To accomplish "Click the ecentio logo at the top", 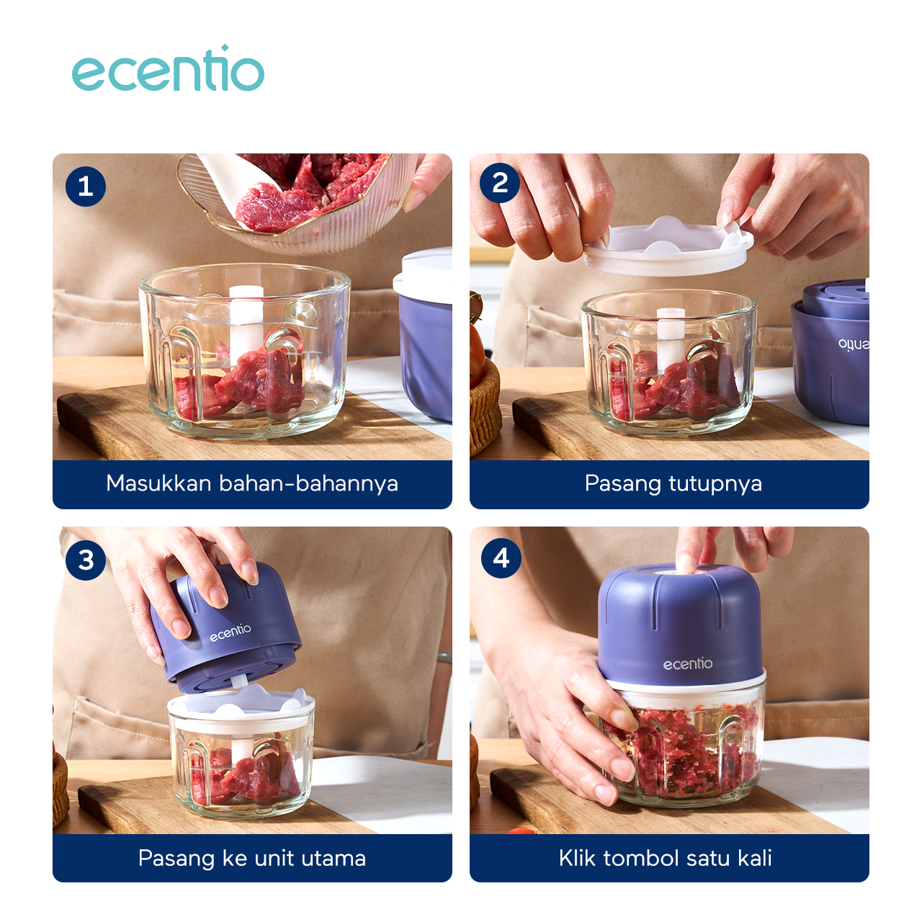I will click(x=168, y=70).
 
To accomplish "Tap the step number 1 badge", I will click(x=86, y=187).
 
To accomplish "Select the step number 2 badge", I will click(x=500, y=183).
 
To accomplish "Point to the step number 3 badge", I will click(x=86, y=560).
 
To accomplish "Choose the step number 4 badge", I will click(x=501, y=558).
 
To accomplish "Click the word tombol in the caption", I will click(x=641, y=858).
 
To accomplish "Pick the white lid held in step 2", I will click(x=668, y=247).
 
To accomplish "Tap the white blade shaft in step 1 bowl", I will click(x=246, y=317).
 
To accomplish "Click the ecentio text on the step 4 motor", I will click(x=687, y=663).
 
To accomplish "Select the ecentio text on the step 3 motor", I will click(x=230, y=632).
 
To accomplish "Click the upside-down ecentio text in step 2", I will click(x=854, y=344).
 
